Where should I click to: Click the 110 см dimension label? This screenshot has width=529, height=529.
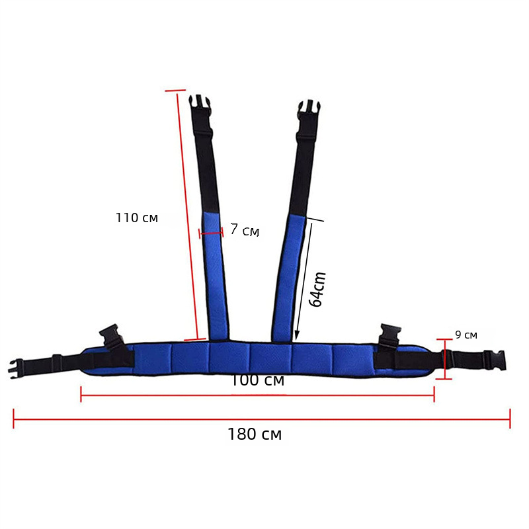137,218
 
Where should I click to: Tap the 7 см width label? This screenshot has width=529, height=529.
245,229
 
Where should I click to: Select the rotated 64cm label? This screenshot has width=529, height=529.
317,289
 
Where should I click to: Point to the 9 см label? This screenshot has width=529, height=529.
466,335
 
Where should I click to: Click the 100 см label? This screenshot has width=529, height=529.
257,380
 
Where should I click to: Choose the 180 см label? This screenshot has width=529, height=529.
255,434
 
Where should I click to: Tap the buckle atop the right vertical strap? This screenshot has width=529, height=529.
309,110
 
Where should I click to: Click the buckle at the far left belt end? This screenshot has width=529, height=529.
17,369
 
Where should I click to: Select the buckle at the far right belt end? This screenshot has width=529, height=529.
495,360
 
